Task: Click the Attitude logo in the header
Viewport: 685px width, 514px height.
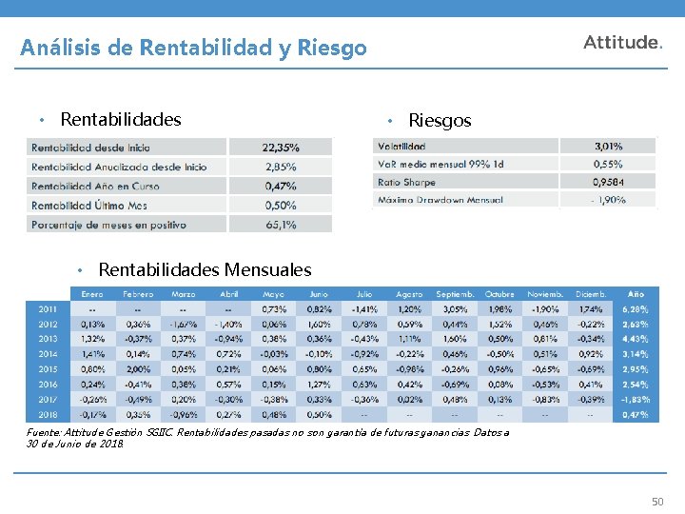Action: point(622,43)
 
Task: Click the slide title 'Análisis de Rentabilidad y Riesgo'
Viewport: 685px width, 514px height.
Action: point(193,47)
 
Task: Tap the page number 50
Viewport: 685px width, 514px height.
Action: point(657,502)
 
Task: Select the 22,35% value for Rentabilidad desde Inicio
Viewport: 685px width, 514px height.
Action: point(280,148)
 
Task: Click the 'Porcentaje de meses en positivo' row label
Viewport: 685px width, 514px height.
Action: point(108,225)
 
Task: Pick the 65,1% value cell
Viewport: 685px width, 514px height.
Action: point(280,225)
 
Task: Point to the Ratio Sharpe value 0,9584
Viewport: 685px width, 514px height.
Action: point(608,182)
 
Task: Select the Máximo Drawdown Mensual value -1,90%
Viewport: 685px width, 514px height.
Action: point(608,200)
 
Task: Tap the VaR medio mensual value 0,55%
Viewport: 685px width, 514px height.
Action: point(608,165)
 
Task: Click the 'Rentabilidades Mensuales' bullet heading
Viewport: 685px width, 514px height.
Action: point(205,270)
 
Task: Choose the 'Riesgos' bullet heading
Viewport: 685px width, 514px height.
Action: point(439,121)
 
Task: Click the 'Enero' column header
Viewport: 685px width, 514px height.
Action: point(92,294)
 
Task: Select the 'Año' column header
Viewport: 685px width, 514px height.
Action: point(636,294)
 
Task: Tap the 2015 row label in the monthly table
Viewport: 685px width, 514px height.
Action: point(48,368)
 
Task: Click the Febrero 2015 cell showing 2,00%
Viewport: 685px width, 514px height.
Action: point(138,368)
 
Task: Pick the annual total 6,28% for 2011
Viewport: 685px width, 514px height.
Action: point(636,309)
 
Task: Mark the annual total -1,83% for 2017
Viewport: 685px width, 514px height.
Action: point(636,399)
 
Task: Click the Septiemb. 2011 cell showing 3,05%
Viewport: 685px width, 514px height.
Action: point(455,309)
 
